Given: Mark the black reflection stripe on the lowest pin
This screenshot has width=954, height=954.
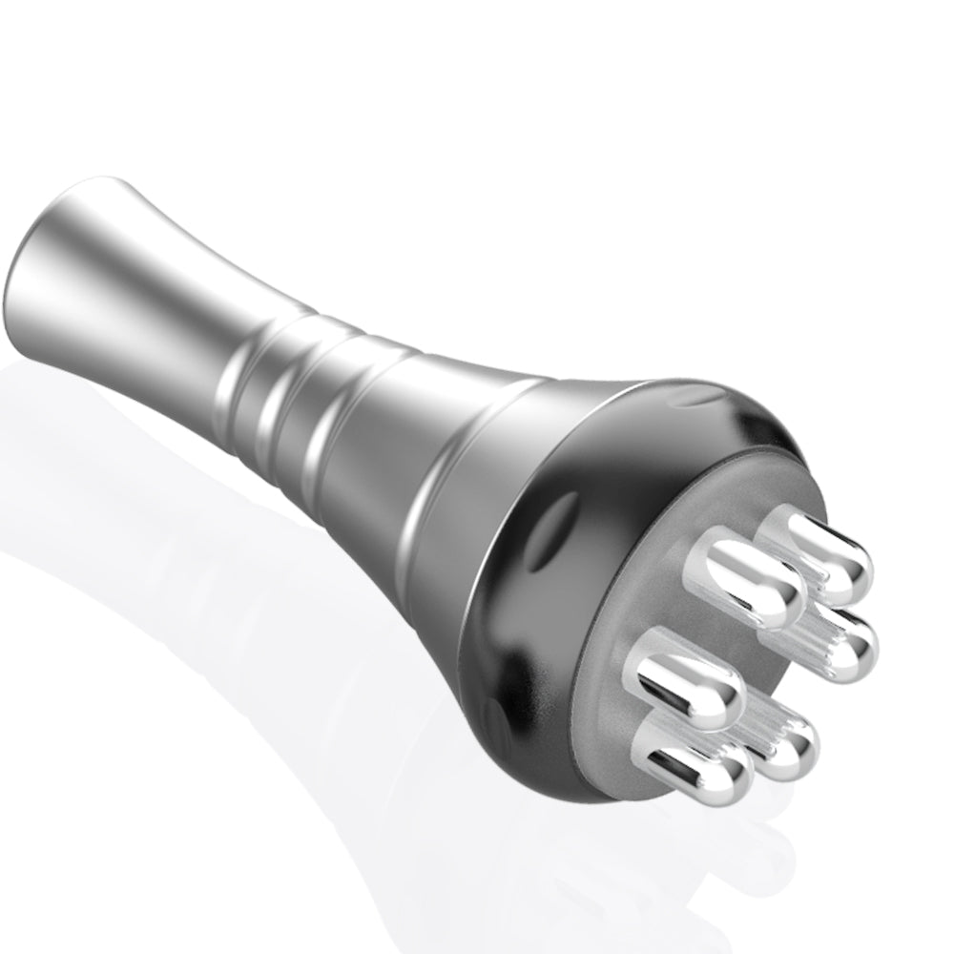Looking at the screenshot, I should click(x=677, y=763).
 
